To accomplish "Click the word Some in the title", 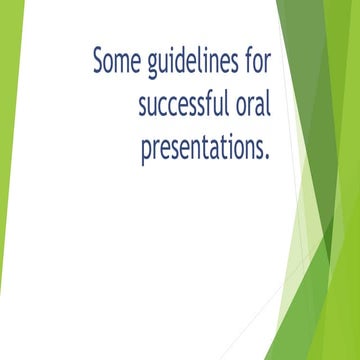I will [118, 61].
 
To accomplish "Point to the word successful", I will [185, 105].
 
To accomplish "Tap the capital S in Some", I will [99, 61].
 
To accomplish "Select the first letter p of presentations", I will [146, 153].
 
